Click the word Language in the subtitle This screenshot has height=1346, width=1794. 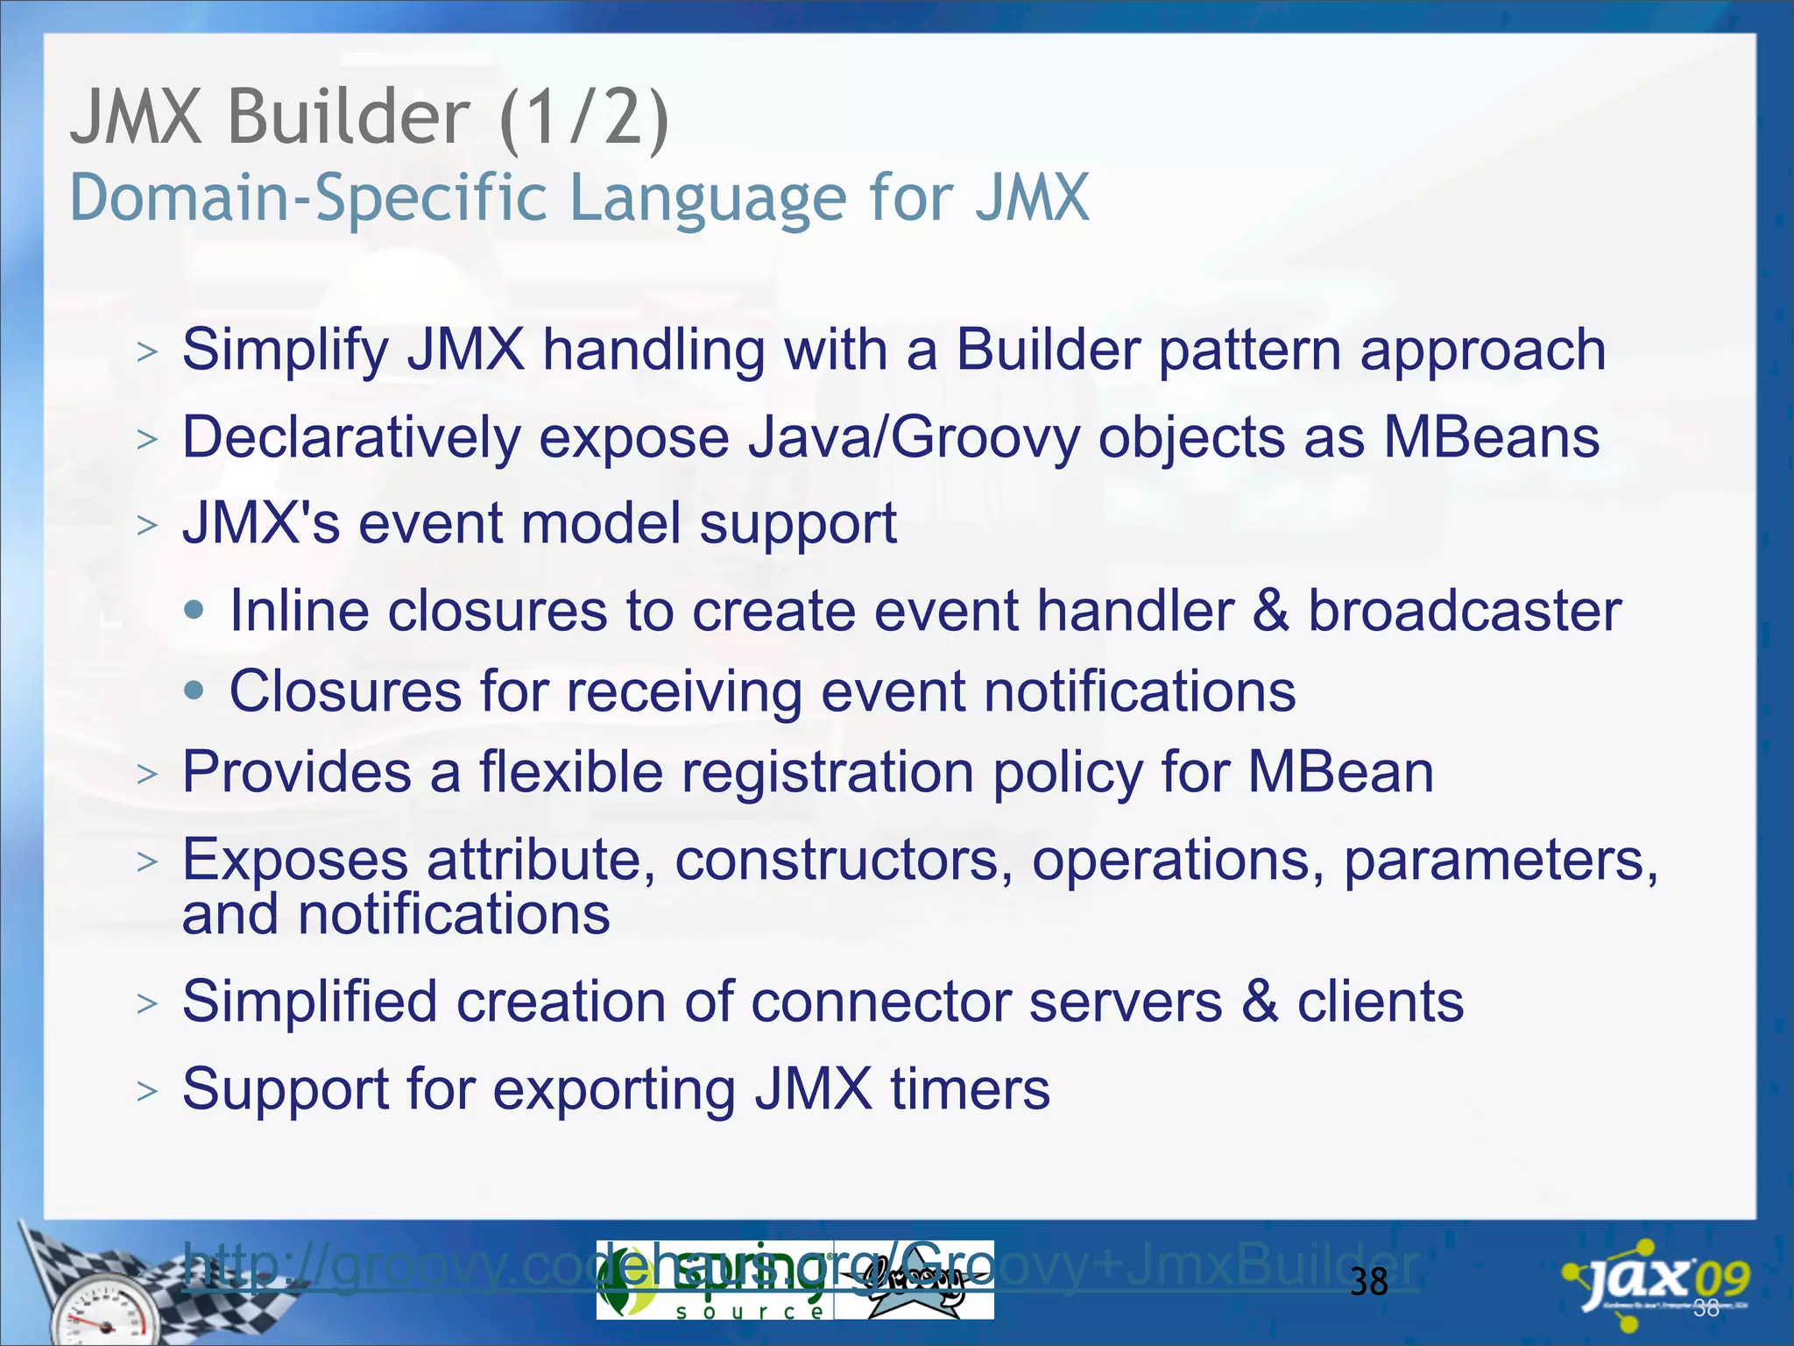708,198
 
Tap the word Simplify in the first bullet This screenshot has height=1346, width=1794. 285,351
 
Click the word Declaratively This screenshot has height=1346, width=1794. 350,437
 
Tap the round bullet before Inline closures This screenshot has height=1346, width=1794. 195,610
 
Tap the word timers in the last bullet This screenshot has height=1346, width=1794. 970,1089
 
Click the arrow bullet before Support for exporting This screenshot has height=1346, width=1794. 147,1091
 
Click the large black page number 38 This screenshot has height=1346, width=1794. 1368,1283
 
